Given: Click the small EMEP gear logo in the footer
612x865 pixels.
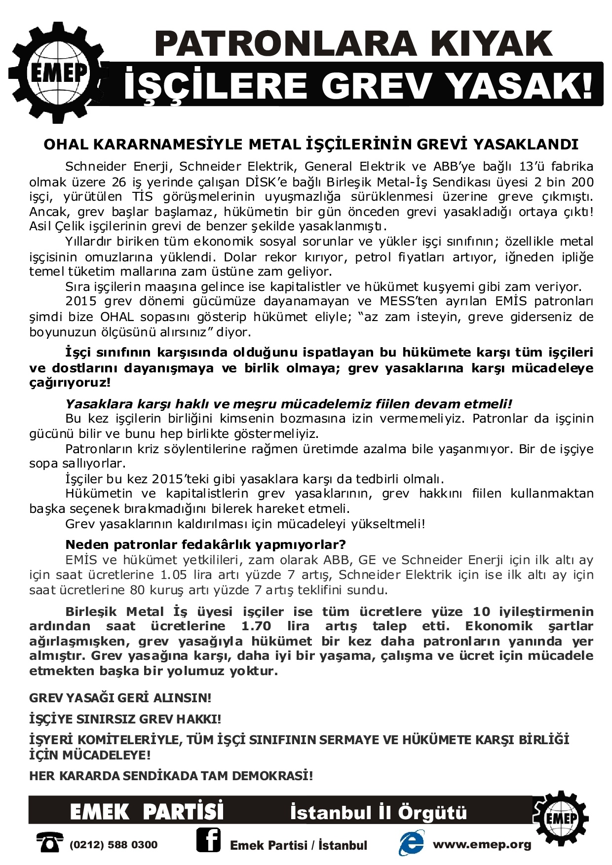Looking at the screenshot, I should click(561, 817).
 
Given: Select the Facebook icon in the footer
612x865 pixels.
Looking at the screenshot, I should click(208, 840).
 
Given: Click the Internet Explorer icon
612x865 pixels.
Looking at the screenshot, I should click(411, 843).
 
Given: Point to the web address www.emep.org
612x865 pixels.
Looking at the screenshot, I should click(482, 844).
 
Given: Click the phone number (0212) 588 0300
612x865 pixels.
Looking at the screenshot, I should click(114, 845).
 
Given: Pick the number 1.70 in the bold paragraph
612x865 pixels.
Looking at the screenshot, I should click(256, 626).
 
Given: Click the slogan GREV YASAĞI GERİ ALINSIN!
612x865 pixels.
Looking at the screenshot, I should click(120, 698).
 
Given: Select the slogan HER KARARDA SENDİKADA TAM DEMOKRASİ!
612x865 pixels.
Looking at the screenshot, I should click(171, 776).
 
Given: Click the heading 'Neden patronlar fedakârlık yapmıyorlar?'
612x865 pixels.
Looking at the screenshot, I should click(205, 544).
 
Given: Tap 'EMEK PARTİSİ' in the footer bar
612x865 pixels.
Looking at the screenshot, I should click(147, 812).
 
